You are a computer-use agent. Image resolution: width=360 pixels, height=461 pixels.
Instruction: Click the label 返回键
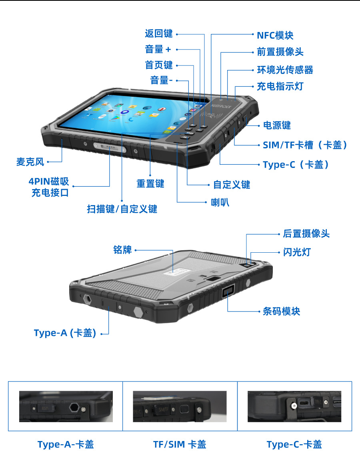coord(159,34)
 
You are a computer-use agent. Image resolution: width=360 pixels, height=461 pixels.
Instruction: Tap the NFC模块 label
coord(275,35)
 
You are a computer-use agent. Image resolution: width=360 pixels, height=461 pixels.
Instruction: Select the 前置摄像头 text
coord(280,52)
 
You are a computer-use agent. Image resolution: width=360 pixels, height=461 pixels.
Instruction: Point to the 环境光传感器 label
coord(285,70)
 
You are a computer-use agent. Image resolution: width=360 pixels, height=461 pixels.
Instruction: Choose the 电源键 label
coord(277,125)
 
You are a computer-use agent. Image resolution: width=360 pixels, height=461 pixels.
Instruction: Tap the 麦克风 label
coord(30,162)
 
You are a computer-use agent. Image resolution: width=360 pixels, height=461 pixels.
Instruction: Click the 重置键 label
coord(150,184)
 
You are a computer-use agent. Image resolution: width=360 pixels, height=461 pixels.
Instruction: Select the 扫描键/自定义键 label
coord(122,209)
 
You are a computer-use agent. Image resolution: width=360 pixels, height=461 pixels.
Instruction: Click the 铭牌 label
coord(122,250)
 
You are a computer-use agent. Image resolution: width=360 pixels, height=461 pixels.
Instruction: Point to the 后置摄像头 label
coord(306,234)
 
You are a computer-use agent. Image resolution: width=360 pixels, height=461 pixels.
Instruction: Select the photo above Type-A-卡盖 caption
coord(66,406)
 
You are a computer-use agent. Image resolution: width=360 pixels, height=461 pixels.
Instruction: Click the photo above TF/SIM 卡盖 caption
coord(180,406)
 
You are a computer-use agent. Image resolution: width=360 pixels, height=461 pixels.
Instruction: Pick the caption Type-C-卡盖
coord(294,444)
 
